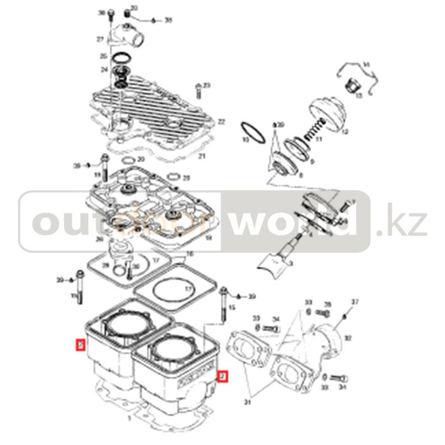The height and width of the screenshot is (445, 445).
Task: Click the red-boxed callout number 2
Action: pos(222,377)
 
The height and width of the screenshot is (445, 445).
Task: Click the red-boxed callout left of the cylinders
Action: pos(80,346)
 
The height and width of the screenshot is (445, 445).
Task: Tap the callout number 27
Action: pos(99,39)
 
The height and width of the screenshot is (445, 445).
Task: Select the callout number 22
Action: pos(221,121)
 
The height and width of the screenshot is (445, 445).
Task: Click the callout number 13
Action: pos(359,95)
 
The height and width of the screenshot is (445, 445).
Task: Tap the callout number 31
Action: pos(247,402)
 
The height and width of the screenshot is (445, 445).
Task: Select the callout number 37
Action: pos(355,301)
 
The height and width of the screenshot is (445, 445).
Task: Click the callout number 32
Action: pos(348,338)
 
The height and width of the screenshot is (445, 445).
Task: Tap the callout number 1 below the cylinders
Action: pos(130,420)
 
